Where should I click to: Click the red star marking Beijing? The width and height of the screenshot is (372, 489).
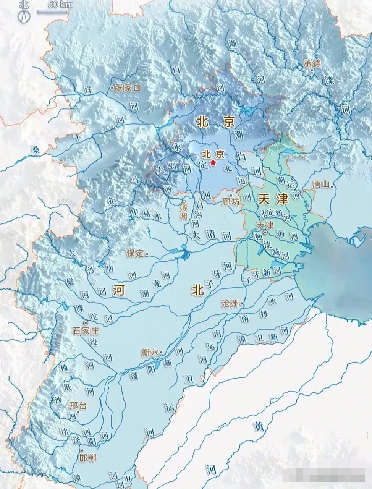click(213, 163)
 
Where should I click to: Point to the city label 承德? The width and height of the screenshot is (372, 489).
click(312, 63)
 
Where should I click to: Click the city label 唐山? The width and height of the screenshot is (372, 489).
click(320, 185)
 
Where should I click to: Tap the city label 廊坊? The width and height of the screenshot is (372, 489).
click(231, 202)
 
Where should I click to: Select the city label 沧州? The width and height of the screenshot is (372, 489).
click(230, 304)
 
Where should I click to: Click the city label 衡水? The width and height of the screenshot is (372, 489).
click(149, 353)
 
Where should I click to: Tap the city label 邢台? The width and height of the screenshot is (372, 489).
click(78, 405)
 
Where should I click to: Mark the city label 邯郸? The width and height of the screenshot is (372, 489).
click(87, 458)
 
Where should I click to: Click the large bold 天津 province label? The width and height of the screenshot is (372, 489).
click(272, 199)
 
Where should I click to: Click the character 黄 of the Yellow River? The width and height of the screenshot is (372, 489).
click(259, 427)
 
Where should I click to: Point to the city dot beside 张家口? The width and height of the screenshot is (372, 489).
click(112, 88)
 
